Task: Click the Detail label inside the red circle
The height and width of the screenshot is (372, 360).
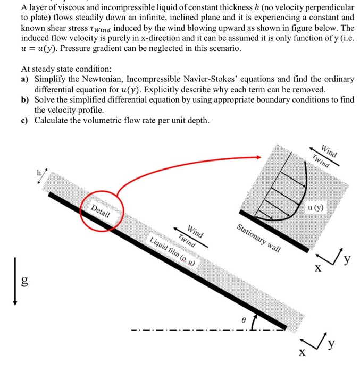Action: [x=101, y=211]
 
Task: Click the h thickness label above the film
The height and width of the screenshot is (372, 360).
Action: [x=38, y=173]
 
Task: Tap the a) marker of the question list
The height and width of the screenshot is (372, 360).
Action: [x=25, y=79]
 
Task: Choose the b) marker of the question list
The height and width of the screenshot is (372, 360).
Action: [x=25, y=99]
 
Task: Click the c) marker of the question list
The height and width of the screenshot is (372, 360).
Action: [x=25, y=120]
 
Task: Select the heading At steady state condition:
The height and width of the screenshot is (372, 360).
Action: [x=66, y=69]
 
